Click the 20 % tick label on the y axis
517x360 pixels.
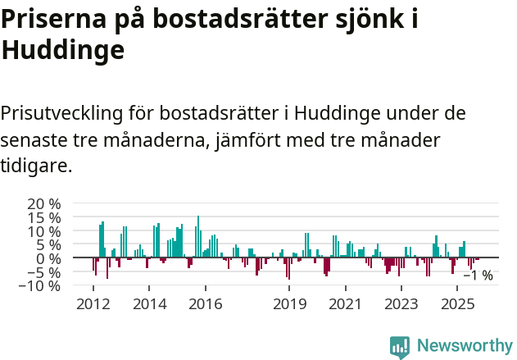(x=43, y=203)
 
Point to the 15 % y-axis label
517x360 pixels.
(x=43, y=217)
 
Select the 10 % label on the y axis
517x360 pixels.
(x=43, y=231)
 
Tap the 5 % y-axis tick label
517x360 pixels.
(x=48, y=244)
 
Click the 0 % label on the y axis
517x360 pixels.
(x=48, y=258)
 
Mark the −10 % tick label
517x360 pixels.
(x=39, y=286)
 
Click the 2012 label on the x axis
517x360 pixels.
(x=93, y=304)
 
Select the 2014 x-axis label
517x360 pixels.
(x=149, y=304)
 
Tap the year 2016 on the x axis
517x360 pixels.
(x=205, y=304)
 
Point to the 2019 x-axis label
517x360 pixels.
(x=289, y=304)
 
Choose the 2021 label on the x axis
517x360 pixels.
(x=345, y=304)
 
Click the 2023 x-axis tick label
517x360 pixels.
(x=401, y=304)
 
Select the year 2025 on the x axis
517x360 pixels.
(x=457, y=304)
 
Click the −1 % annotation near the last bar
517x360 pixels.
(x=478, y=276)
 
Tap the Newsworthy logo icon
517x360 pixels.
(x=400, y=346)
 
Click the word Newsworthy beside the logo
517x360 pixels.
(x=464, y=346)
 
